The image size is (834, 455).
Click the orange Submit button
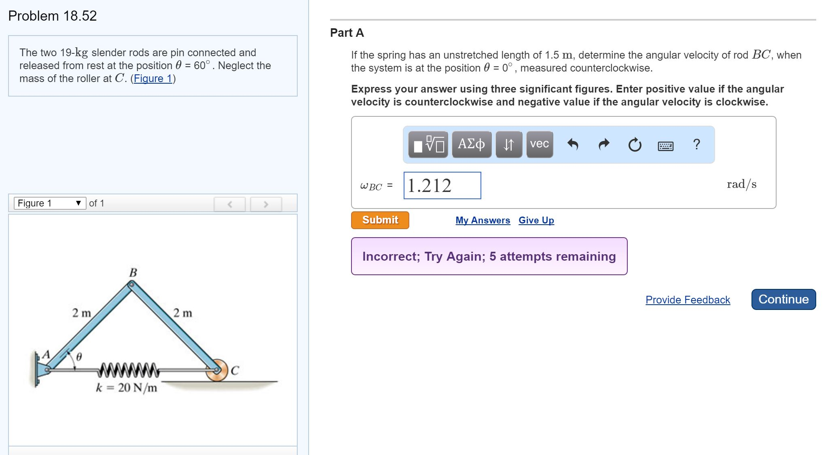click(x=380, y=220)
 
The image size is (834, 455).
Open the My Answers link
click(x=483, y=220)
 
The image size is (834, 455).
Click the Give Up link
click(x=536, y=220)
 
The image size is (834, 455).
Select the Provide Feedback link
click(x=688, y=300)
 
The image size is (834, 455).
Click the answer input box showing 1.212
click(x=442, y=185)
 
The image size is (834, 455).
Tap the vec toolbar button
click(x=539, y=144)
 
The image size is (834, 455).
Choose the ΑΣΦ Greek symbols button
click(x=471, y=144)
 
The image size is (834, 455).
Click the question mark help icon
click(x=696, y=144)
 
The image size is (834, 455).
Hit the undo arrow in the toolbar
click(x=572, y=144)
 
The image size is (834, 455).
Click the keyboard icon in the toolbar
click(x=665, y=146)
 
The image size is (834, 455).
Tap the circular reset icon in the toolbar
click(x=635, y=145)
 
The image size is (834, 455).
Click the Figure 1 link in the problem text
click(x=153, y=78)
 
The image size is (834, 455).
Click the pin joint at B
click(x=131, y=285)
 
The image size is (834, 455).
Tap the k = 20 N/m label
click(x=126, y=388)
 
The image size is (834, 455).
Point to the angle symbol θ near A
click(x=79, y=357)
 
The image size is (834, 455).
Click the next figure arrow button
click(x=266, y=204)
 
